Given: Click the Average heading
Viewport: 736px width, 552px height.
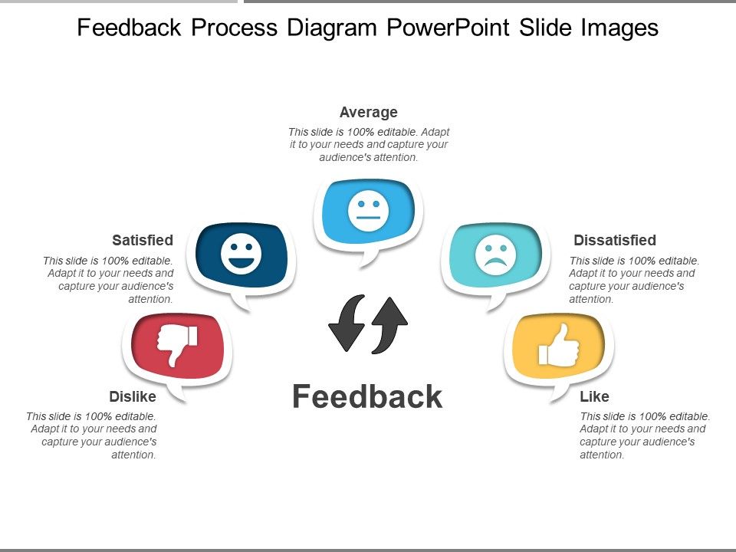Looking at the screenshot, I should pos(368,113).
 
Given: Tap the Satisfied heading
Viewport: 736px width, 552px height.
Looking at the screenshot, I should pos(143,240).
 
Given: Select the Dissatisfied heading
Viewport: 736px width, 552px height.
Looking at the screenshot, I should pos(615,240).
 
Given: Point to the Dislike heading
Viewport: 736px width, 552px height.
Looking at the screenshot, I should pos(133,396).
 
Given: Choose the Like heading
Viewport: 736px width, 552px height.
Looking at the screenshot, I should pos(594,396).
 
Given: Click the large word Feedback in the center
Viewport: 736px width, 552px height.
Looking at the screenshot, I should pos(367,396).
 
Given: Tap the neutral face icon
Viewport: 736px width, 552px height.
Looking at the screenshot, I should pos(368,211).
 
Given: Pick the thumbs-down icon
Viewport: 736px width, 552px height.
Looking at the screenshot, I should pos(178,343).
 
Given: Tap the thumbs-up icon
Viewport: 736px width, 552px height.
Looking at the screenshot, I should pos(559,345).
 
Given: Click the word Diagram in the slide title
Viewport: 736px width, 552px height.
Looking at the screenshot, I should pos(332,28).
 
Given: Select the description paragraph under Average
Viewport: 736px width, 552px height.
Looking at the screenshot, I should pos(368,144).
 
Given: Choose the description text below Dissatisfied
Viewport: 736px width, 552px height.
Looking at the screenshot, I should pos(633,280).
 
